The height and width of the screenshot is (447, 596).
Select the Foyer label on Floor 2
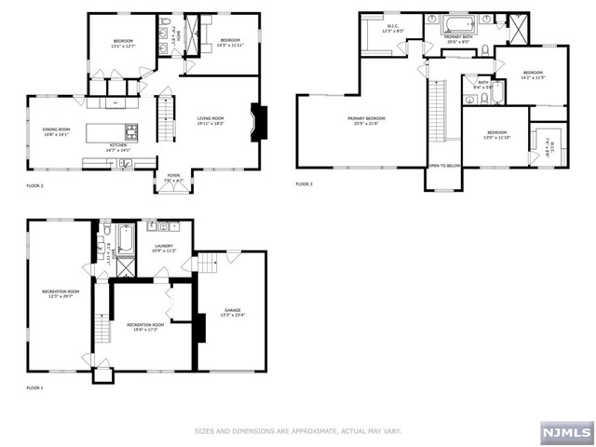173,176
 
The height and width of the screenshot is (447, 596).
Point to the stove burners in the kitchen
131,129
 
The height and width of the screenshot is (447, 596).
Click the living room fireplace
258,123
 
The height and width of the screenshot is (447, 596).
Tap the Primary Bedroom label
367,120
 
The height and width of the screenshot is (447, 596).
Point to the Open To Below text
443,165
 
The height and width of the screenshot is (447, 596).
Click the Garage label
232,312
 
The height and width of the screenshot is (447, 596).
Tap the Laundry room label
164,249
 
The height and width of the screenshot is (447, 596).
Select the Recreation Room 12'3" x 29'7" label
61,294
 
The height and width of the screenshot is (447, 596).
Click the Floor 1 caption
34,386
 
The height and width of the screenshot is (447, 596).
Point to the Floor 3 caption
304,184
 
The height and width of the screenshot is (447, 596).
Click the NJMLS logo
564,433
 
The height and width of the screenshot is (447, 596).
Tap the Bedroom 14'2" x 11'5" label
532,75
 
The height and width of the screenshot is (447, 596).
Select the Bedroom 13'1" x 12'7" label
123,43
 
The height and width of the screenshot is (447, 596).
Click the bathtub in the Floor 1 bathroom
126,239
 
